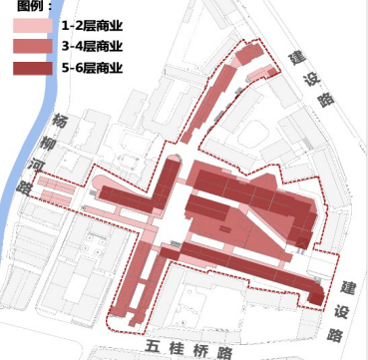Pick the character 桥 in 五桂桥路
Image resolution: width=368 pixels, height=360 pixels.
click(202, 351)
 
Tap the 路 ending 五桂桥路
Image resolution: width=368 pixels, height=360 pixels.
click(227, 352)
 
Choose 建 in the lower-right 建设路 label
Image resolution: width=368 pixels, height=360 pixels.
click(345, 285)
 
